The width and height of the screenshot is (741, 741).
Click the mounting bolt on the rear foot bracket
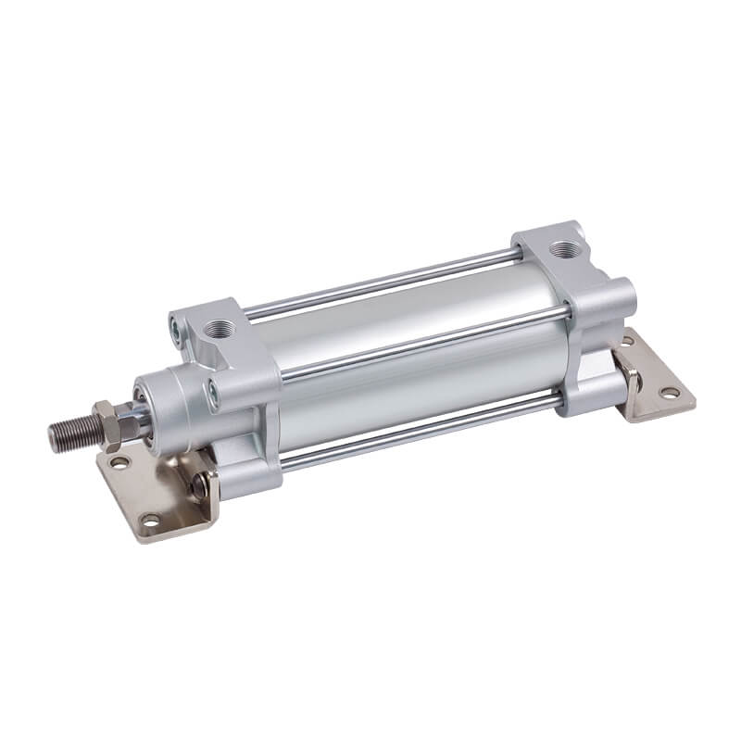pyautogui.click(x=632, y=374)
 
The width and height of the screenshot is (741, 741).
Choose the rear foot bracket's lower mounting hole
pyautogui.click(x=666, y=394)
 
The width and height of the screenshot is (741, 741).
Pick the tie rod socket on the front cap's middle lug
pyautogui.click(x=215, y=395)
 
